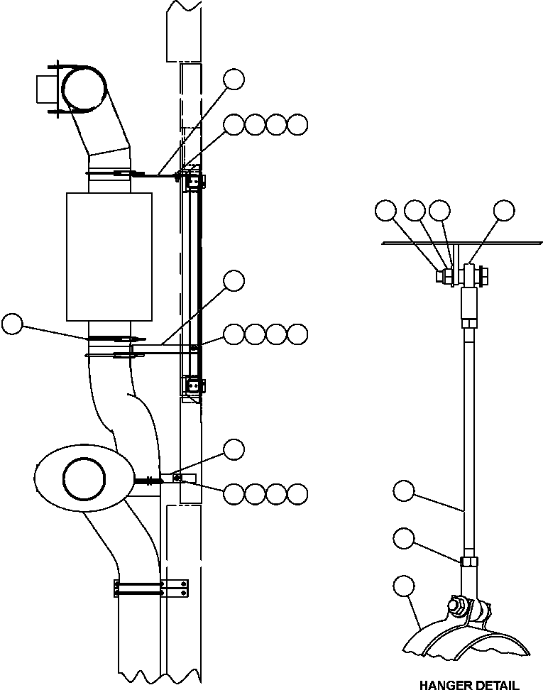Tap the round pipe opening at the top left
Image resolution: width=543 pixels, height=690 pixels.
pos(84,89)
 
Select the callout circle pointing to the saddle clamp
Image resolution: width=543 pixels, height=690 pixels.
pos(404,585)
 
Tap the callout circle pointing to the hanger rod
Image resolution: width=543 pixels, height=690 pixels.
pos(404,490)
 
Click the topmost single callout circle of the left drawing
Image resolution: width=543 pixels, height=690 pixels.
pos(234,79)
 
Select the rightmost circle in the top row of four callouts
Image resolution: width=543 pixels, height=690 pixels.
pos(298,124)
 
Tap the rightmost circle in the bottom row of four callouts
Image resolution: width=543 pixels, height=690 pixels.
pos(298,493)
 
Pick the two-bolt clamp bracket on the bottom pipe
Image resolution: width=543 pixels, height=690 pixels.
pos(150,588)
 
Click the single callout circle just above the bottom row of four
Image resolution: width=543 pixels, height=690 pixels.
pos(234,449)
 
